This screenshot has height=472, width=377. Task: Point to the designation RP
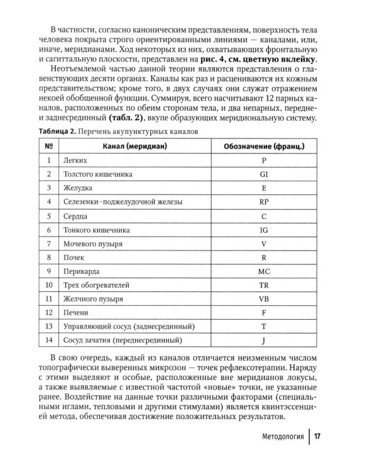tap(264, 202)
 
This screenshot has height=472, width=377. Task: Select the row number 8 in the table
tap(48, 258)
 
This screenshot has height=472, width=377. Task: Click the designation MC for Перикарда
tap(264, 272)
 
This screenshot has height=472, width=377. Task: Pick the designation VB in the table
tap(264, 300)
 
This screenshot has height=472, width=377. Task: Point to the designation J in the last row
tap(264, 341)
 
